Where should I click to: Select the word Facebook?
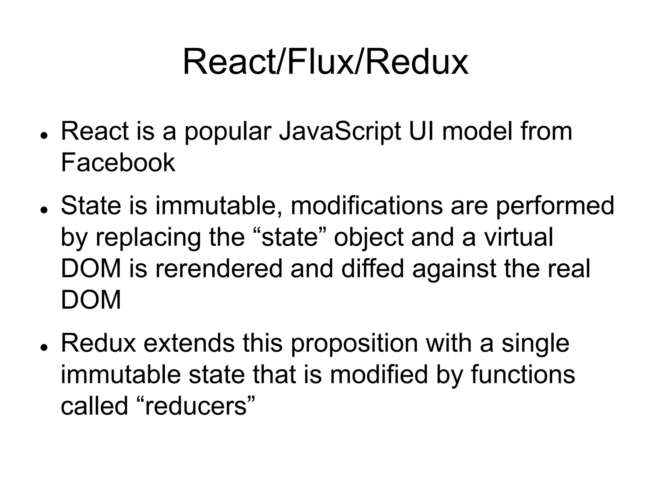118,163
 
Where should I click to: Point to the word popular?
228,132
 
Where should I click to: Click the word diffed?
372,269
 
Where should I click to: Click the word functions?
523,375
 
